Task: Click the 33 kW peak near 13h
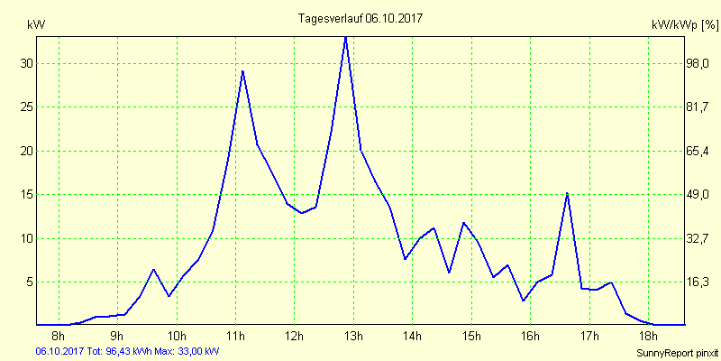tap(345, 37)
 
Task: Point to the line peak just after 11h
tap(242, 70)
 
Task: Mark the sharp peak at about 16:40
tap(567, 193)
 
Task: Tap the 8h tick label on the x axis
tap(59, 338)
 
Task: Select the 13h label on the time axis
tap(354, 338)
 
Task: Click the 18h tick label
tap(648, 338)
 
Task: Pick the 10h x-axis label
tap(178, 338)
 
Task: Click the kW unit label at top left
tap(36, 24)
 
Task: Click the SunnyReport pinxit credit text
tap(676, 352)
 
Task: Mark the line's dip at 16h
tap(523, 301)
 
